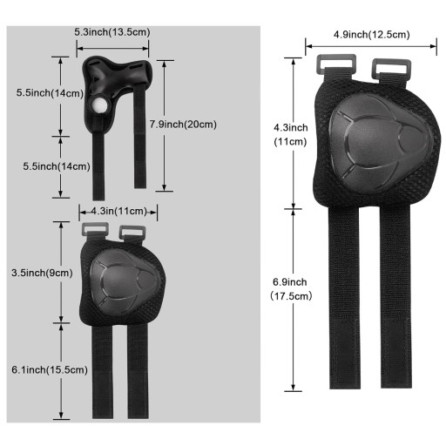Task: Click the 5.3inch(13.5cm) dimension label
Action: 112,32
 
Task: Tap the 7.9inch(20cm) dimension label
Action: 183,125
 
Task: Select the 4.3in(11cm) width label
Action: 119,211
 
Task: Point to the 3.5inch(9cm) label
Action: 42,273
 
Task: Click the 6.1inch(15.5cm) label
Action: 50,370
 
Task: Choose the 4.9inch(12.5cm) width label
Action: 372,35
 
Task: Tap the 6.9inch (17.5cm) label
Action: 291,289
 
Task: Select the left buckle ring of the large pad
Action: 336,64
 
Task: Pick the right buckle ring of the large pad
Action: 391,68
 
